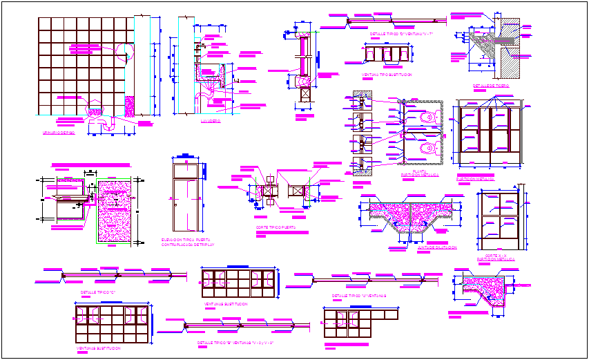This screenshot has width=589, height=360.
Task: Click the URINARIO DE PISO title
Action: click(58, 132)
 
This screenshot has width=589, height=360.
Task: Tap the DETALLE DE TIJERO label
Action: click(491, 86)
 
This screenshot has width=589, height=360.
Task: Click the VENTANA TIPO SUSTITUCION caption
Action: click(386, 74)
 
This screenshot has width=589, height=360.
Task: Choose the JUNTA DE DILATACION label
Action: click(418, 247)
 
